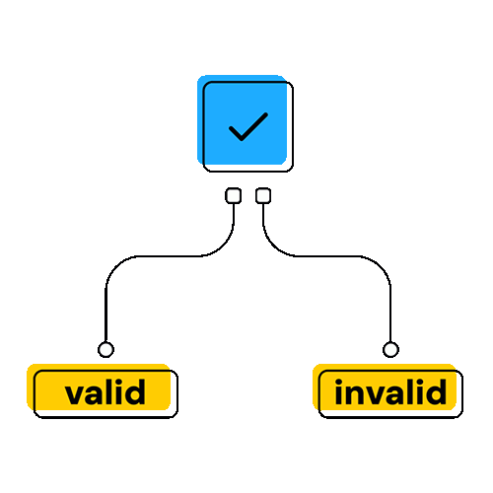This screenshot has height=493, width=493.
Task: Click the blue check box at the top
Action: click(245, 123)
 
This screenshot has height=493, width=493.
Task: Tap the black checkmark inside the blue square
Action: click(248, 127)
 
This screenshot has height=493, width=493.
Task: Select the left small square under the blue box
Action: click(234, 195)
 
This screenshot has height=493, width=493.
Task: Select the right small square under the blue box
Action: click(263, 195)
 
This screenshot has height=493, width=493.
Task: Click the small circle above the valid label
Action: click(106, 349)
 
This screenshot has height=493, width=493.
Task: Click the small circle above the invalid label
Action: click(390, 349)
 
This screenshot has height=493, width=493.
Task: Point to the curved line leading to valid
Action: click(165, 255)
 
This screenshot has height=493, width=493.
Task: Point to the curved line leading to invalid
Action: click(328, 255)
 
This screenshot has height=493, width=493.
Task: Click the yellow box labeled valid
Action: click(103, 390)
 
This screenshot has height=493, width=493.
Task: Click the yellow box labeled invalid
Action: click(387, 390)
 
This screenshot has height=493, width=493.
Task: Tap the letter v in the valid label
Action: click(75, 394)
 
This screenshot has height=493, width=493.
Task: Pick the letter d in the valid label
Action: click(134, 391)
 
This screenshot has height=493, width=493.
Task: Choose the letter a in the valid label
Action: click(95, 394)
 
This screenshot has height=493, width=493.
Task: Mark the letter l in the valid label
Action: click(110, 391)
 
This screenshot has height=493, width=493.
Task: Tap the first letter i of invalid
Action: click(339, 391)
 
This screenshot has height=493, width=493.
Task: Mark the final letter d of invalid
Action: click(436, 391)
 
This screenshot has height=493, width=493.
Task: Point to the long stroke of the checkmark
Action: click(254, 126)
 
